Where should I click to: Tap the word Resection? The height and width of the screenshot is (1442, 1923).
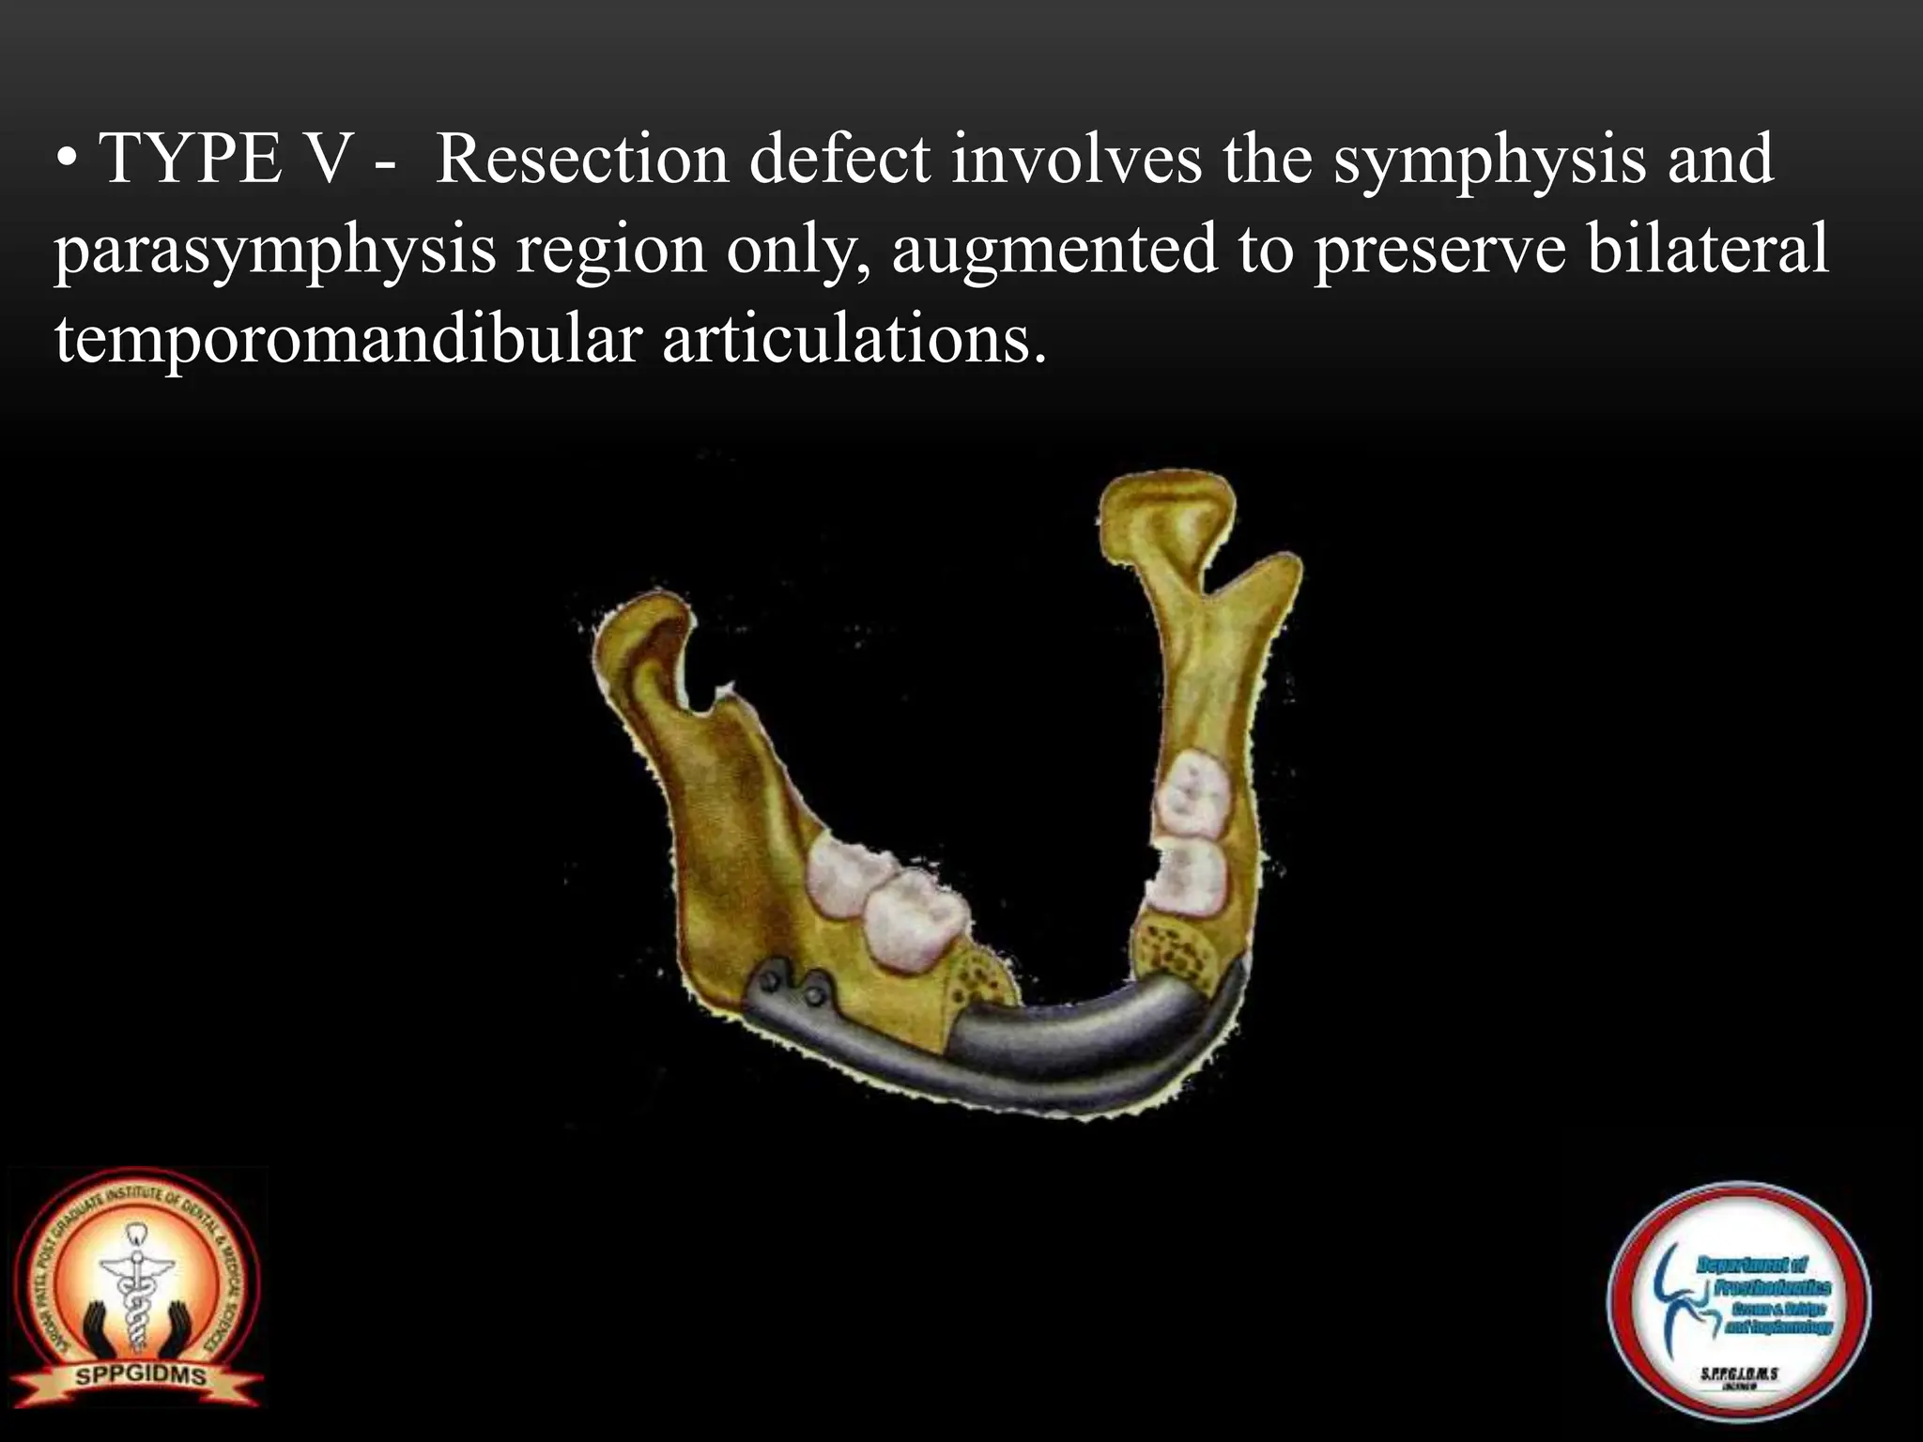[x=583, y=160]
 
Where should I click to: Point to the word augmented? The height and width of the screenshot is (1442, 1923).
[x=1053, y=252]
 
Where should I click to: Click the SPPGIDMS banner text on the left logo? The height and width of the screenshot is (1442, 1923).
[x=141, y=1376]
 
